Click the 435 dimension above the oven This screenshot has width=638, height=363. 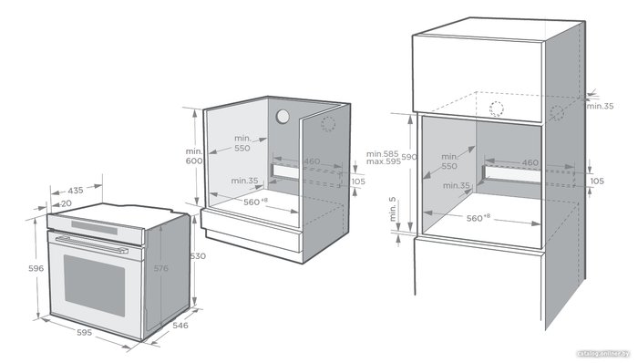(x=76, y=190)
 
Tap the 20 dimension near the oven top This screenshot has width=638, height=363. (x=67, y=203)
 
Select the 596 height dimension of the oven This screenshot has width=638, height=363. (x=36, y=268)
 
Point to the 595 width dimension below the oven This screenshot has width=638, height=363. (x=85, y=333)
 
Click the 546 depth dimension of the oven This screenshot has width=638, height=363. (x=180, y=326)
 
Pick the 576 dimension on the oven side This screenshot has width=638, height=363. (x=160, y=268)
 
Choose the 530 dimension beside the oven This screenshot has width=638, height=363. (x=198, y=256)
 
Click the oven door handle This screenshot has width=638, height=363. (x=92, y=244)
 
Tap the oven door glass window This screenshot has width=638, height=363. (x=95, y=285)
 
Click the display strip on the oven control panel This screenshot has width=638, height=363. (x=95, y=227)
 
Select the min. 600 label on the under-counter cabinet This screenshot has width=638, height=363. (x=193, y=156)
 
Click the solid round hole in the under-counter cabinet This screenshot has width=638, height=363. (x=283, y=117)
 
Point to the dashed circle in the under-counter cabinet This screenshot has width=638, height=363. (x=328, y=124)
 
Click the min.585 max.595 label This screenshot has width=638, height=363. (x=383, y=158)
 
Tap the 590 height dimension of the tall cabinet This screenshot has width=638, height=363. (x=409, y=157)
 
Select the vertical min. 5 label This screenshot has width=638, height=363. (x=392, y=209)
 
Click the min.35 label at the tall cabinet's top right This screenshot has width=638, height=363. (x=600, y=106)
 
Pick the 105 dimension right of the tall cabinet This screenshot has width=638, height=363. (x=597, y=181)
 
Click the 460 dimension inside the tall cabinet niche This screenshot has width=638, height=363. (x=530, y=162)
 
